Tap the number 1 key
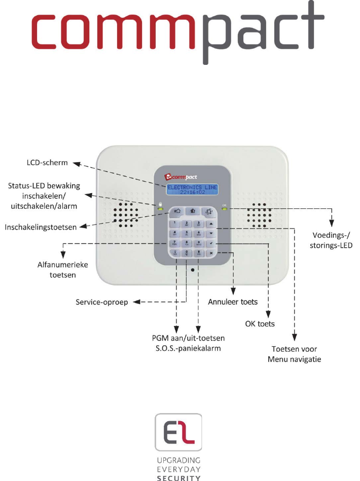[x=175, y=223]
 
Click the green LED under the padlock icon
[x=161, y=209]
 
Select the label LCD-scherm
[x=49, y=163]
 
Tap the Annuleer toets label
[x=233, y=302]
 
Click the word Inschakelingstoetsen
[x=41, y=228]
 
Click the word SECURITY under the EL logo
[x=181, y=477]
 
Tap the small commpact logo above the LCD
[x=181, y=177]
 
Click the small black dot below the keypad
[x=193, y=270]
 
